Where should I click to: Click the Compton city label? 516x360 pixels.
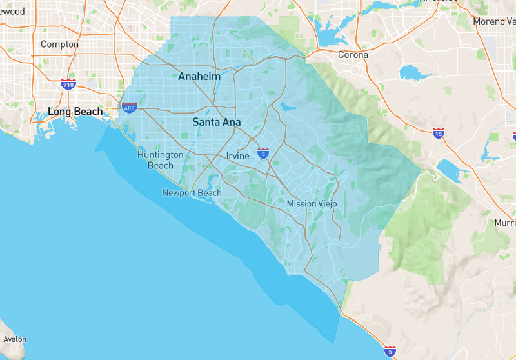point(59,45)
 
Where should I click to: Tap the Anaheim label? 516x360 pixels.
point(199,76)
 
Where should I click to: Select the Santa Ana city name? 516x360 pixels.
point(217,121)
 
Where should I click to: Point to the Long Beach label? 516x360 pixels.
point(75,112)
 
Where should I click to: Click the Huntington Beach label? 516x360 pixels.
point(160,160)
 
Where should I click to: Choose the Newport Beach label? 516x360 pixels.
point(192,193)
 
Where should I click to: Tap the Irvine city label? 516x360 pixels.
point(238,156)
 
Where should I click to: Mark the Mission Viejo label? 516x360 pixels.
point(312,204)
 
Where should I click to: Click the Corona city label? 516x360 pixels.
point(353,55)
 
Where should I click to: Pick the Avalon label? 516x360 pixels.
point(15,339)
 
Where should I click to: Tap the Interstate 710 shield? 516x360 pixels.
point(68,84)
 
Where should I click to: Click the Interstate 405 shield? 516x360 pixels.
point(129,106)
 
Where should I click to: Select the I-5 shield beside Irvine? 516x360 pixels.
point(263,153)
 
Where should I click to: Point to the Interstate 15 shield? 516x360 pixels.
point(439,134)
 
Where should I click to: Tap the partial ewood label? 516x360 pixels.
point(12,11)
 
